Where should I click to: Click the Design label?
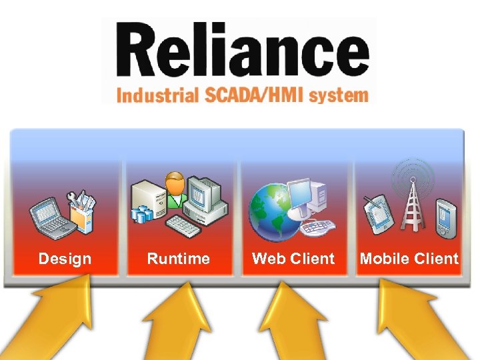click(x=65, y=259)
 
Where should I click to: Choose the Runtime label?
click(x=178, y=259)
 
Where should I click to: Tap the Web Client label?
click(x=293, y=259)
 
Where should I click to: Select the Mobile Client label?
click(x=409, y=259)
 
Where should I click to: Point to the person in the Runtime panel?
click(x=175, y=190)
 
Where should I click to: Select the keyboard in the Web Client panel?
click(x=315, y=227)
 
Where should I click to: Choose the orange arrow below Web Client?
click(x=287, y=323)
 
